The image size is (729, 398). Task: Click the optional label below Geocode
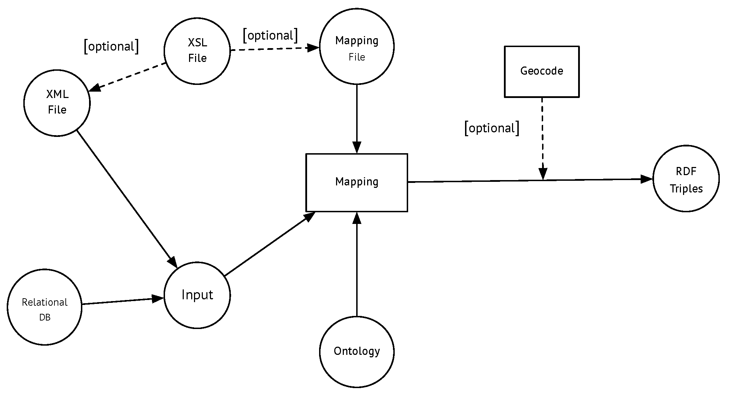click(492, 128)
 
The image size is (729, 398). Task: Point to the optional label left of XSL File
click(111, 46)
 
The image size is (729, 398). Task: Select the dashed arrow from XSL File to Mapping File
click(275, 49)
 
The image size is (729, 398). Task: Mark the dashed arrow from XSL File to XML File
click(128, 77)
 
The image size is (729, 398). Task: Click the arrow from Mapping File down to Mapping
click(357, 119)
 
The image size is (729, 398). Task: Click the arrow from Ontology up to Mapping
click(357, 264)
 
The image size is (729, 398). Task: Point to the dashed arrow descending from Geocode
click(542, 139)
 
